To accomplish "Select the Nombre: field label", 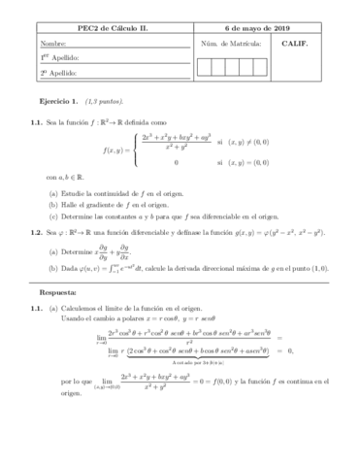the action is point(54,45).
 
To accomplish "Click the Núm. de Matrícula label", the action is point(232,44).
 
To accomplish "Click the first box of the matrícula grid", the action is point(204,66).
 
